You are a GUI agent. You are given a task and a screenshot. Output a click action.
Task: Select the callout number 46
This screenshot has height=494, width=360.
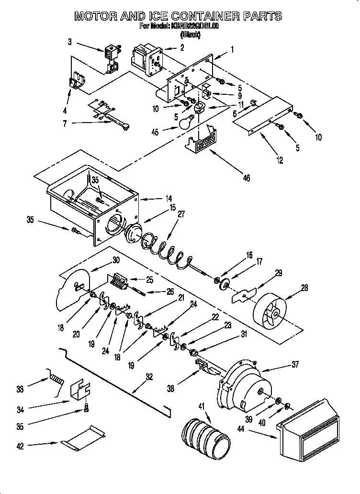coord(246,178)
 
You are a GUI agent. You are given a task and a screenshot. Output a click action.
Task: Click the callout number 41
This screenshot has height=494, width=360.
coord(201,406)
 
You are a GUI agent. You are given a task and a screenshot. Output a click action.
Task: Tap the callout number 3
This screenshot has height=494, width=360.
coord(69,42)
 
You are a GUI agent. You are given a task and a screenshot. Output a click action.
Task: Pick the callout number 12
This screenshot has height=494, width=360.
coord(279,160)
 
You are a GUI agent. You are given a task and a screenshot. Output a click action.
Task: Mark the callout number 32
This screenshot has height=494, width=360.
coord(149,376)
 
